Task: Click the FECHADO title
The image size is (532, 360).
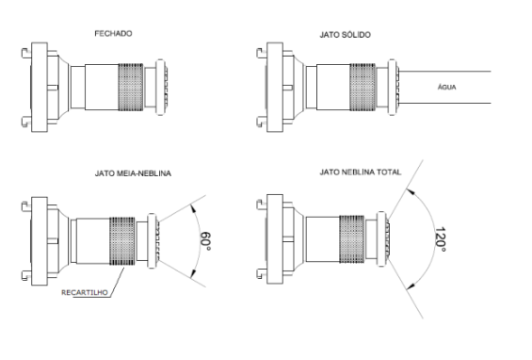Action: pyautogui.click(x=113, y=33)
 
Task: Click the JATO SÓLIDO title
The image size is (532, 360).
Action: pyautogui.click(x=345, y=35)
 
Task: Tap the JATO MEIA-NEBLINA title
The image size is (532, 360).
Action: pyautogui.click(x=133, y=173)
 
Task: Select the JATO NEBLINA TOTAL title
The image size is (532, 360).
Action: pyautogui.click(x=361, y=172)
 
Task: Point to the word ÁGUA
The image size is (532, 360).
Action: pyautogui.click(x=447, y=87)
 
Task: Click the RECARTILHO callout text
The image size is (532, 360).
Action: pyautogui.click(x=85, y=292)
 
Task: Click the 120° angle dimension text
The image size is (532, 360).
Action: pyautogui.click(x=440, y=239)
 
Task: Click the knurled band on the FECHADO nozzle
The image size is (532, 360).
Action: pyautogui.click(x=131, y=87)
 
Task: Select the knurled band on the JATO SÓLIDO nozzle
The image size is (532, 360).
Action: pyautogui.click(x=363, y=87)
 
